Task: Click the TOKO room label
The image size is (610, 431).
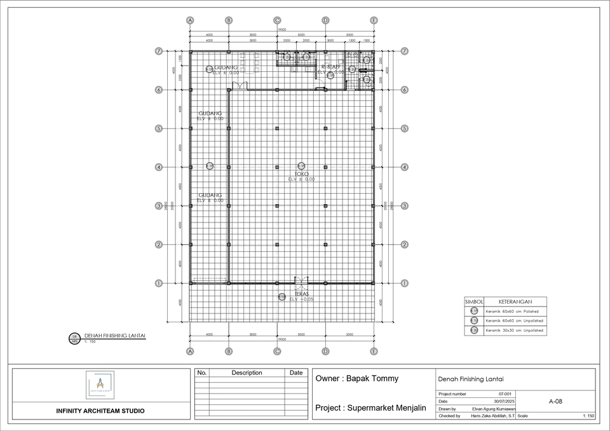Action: [301, 173]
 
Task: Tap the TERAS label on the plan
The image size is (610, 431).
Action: [301, 294]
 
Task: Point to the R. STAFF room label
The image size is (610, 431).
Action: [331, 67]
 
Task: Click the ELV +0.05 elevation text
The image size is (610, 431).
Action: [301, 299]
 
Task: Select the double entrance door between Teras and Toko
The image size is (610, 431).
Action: [301, 281]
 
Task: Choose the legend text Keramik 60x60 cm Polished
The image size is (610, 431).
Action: [512, 311]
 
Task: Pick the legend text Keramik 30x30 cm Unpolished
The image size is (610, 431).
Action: [514, 331]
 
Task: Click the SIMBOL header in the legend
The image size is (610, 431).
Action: [475, 302]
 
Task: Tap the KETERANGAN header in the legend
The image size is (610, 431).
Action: [515, 302]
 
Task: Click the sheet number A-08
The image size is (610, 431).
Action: [555, 402]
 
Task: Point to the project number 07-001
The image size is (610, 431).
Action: [506, 394]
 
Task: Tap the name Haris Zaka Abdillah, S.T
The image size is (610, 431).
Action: [492, 416]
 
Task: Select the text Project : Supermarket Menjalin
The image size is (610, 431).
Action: [370, 407]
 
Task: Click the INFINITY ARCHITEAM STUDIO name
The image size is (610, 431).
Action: [100, 411]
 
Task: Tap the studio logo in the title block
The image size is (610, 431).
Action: [100, 385]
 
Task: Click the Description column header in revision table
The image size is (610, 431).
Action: [247, 373]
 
